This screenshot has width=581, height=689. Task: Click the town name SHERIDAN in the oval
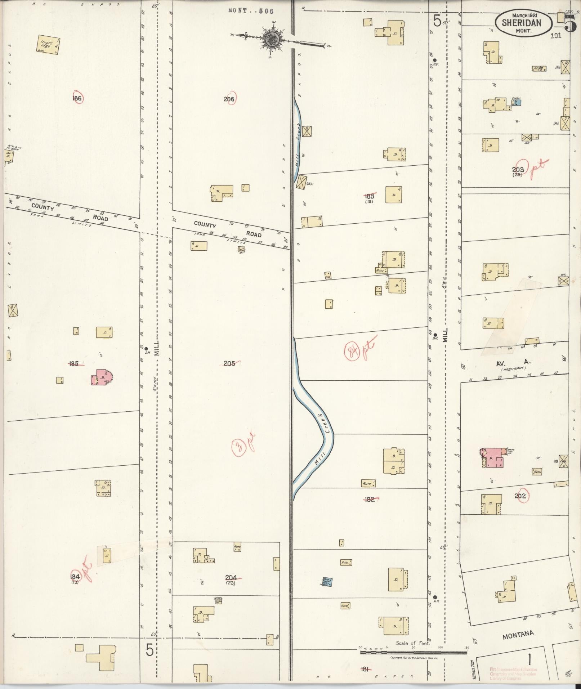[523, 23]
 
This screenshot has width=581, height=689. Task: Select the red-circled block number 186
[77, 98]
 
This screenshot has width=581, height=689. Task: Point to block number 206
[229, 99]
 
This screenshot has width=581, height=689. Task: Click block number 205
[229, 363]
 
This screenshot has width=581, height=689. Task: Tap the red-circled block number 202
[520, 496]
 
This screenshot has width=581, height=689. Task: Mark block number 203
[518, 170]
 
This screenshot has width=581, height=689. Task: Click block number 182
[370, 499]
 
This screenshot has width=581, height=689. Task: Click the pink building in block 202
[492, 458]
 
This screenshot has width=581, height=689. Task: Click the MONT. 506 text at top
[251, 11]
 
